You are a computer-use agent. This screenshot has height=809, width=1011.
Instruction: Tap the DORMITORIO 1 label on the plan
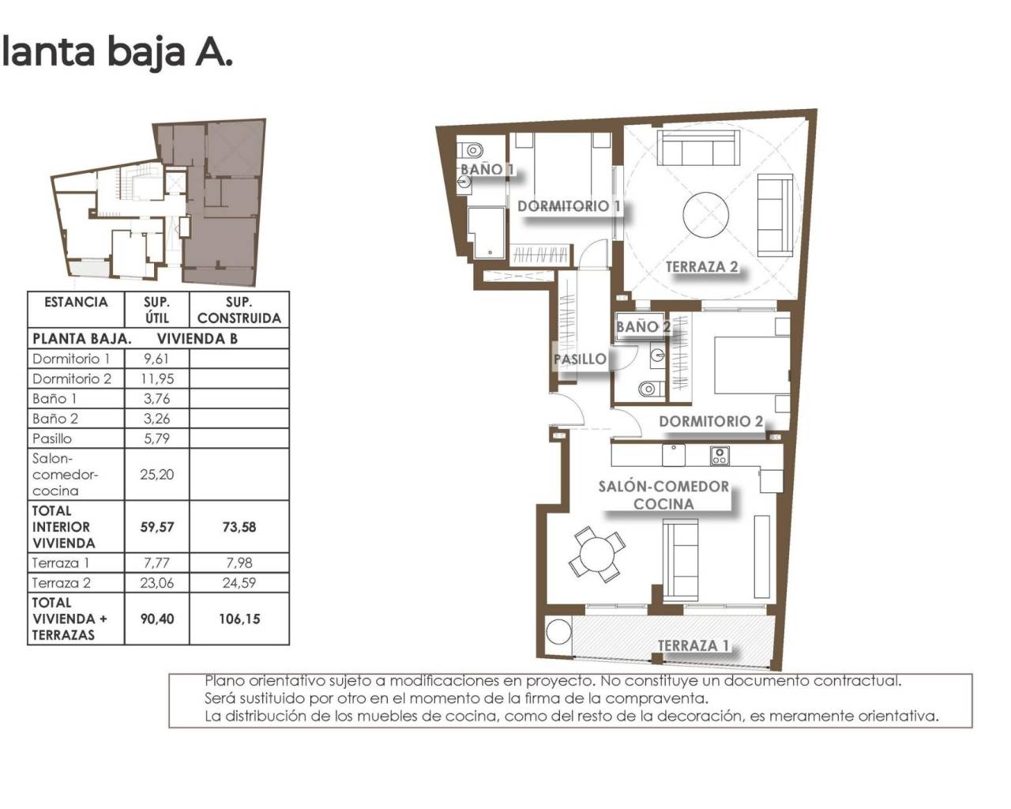click(568, 206)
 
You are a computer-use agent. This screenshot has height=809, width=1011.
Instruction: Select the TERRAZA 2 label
click(701, 267)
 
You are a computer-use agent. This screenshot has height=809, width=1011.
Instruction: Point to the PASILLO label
click(580, 359)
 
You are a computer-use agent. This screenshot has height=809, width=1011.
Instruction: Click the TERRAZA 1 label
click(693, 645)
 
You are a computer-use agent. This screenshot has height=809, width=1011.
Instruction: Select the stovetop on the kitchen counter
click(720, 456)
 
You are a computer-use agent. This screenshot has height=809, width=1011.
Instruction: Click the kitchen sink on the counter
click(673, 455)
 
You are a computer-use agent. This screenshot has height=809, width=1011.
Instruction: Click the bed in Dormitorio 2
click(750, 364)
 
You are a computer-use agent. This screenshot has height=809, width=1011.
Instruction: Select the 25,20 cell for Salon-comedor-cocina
click(157, 475)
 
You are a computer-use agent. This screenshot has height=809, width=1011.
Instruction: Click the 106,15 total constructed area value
click(239, 619)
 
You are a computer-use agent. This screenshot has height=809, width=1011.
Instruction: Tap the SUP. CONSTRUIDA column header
click(239, 310)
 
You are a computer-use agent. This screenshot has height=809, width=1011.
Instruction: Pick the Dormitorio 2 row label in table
click(72, 378)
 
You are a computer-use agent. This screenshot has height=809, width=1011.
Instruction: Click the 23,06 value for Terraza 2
click(157, 583)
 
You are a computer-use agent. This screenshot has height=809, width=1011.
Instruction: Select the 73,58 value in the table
click(239, 527)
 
